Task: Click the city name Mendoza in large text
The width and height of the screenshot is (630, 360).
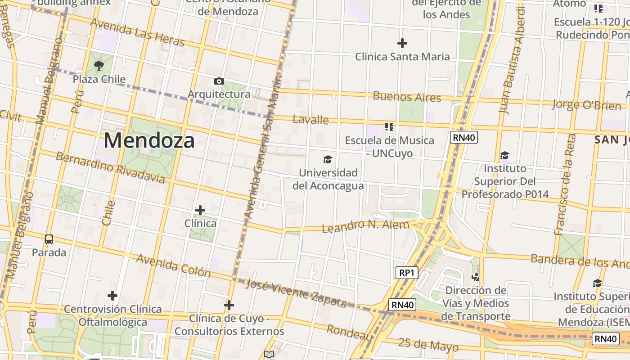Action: (149, 140)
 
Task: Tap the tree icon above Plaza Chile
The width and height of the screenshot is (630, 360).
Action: (99, 66)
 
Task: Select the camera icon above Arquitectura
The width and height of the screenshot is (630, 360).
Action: (219, 81)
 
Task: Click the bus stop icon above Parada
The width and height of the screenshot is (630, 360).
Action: (49, 239)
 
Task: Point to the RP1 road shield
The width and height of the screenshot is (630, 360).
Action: (406, 272)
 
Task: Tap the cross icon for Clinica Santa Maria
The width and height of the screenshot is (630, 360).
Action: (402, 43)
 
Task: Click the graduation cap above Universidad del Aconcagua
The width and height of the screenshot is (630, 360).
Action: (328, 159)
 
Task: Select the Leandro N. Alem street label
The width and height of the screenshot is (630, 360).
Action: (365, 226)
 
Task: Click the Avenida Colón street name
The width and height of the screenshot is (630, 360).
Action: (173, 265)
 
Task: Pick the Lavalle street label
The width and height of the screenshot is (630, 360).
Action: (310, 120)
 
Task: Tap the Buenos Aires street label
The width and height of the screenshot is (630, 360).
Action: (407, 97)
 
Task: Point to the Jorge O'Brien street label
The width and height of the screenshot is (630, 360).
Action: (586, 105)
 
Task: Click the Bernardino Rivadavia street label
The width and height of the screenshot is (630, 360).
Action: (110, 167)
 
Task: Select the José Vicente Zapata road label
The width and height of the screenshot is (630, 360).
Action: (297, 293)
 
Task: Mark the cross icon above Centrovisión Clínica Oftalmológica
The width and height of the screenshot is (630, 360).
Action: (112, 296)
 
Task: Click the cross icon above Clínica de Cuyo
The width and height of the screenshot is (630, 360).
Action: (229, 306)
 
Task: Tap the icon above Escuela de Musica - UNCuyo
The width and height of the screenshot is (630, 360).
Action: (389, 127)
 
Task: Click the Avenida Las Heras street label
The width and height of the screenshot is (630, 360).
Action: (137, 32)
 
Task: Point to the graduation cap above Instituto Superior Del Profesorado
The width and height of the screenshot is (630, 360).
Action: (505, 156)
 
